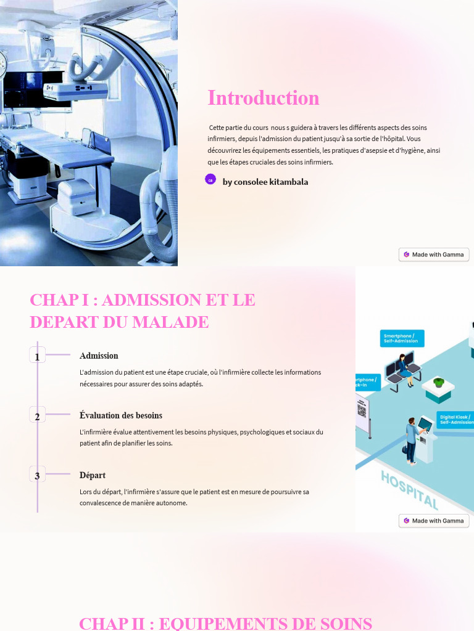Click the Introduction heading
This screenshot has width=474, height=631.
point(264,98)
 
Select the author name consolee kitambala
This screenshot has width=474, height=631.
point(265,182)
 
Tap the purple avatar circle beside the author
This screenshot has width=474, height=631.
point(210,179)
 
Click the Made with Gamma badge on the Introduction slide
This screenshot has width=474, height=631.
point(434,254)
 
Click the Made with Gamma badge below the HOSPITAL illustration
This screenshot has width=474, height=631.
point(434,521)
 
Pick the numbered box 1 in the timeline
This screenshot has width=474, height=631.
point(37,356)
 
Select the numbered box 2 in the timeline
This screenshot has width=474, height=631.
point(37,415)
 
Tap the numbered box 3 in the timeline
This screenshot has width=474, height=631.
point(37,475)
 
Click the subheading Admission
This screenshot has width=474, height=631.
point(99,356)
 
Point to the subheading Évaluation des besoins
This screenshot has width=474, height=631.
point(121,415)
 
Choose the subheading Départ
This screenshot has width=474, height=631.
point(93,475)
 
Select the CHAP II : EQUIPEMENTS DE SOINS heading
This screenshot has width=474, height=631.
point(226,623)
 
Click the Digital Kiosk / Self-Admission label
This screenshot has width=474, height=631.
point(455,420)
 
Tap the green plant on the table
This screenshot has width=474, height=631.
point(439,382)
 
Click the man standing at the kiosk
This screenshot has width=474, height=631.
point(411,439)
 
